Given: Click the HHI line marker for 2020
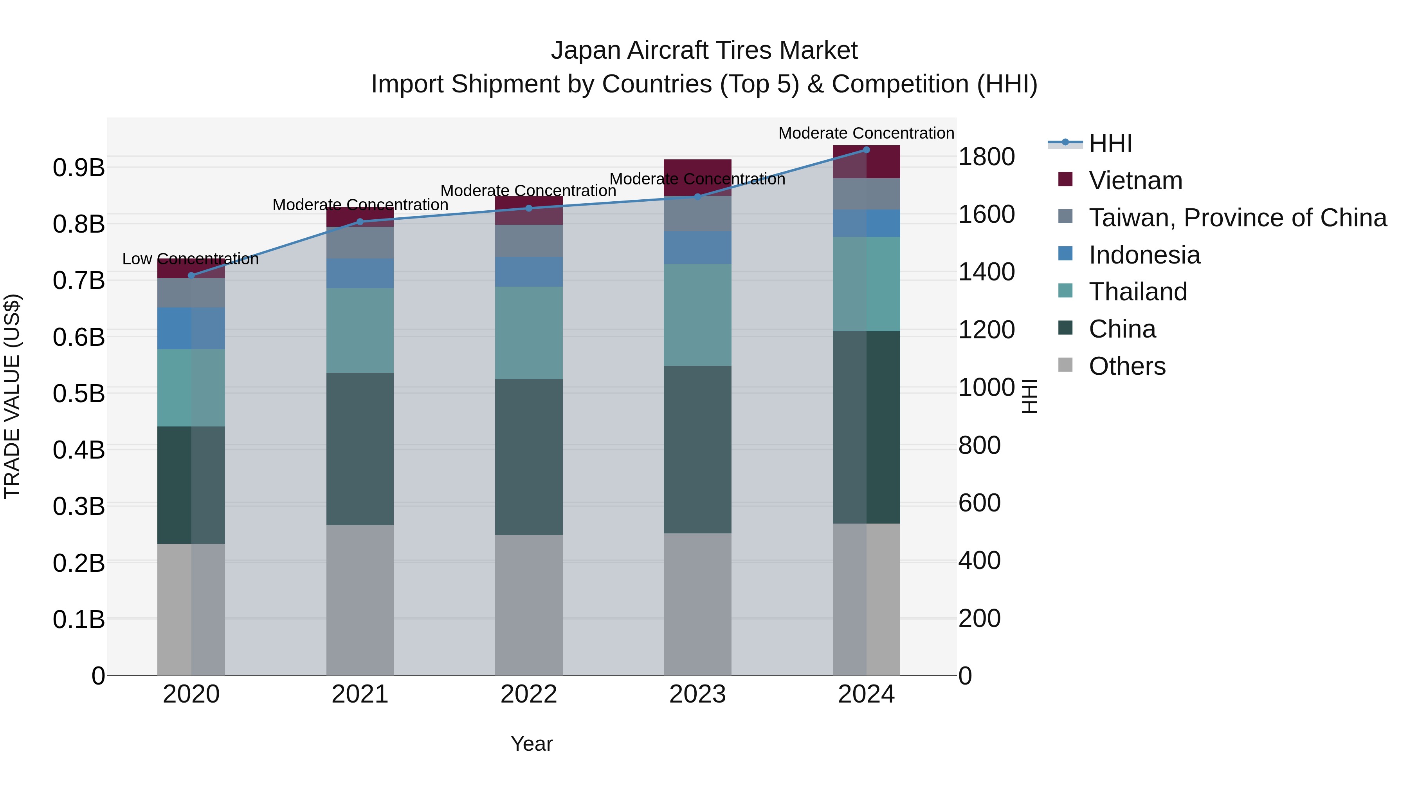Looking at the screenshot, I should click(191, 275).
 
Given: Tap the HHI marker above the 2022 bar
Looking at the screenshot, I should click(528, 208).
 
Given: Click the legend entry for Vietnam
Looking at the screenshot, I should click(1135, 181).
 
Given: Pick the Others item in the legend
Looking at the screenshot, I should click(1127, 366).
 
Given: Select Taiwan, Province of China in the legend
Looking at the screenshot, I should click(1237, 218).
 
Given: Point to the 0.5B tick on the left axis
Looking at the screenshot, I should click(79, 394).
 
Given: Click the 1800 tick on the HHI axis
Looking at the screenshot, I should click(986, 157).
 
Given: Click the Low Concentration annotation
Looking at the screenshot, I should click(190, 259).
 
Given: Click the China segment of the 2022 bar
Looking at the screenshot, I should click(528, 457).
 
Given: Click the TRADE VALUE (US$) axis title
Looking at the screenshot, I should click(12, 396).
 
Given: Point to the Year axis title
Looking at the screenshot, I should click(531, 744).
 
